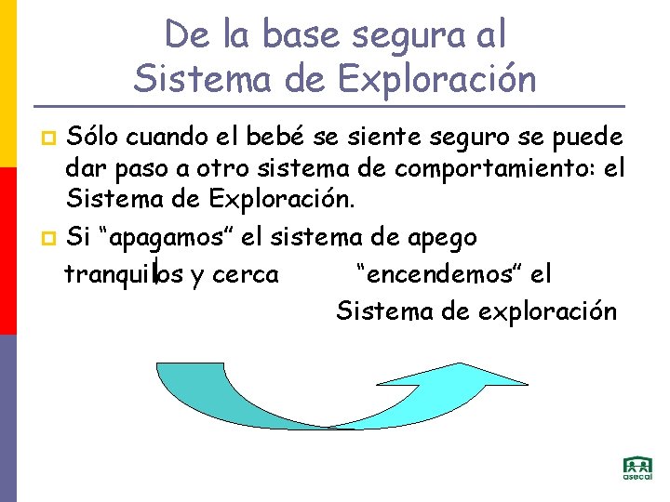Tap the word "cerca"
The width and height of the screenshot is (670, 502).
pyautogui.click(x=246, y=274)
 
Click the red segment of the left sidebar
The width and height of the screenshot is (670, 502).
pyautogui.click(x=8, y=251)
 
